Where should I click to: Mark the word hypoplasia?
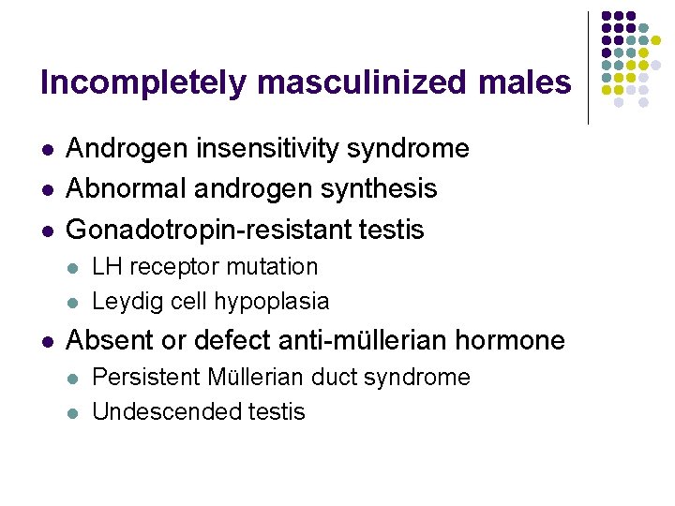[272, 302]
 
